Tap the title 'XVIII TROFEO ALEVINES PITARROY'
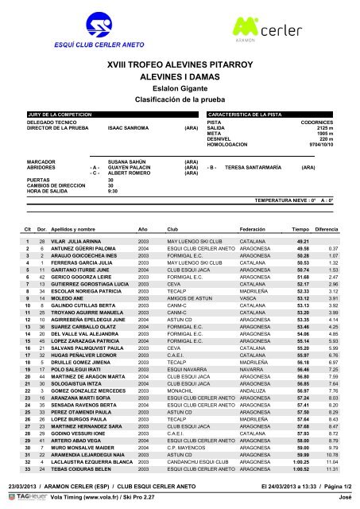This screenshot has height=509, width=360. pyautogui.click(x=180, y=61)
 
